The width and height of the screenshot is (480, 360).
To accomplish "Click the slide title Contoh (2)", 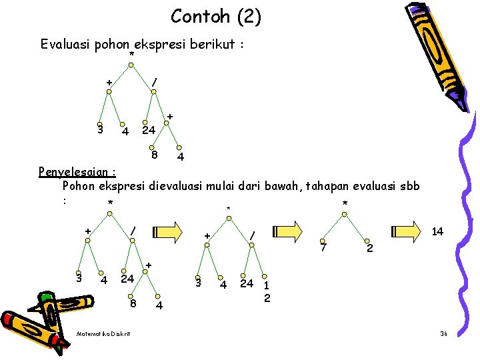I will (215, 16).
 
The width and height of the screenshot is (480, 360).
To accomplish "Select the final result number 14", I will (438, 231).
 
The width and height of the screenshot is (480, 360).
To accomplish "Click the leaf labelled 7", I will (323, 248).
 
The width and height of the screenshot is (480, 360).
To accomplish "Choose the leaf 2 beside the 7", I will (371, 248).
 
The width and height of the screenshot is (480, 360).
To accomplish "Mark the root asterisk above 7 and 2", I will (344, 203).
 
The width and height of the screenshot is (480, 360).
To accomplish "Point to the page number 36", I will (443, 333).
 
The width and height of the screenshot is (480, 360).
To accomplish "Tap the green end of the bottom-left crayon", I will (47, 298).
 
